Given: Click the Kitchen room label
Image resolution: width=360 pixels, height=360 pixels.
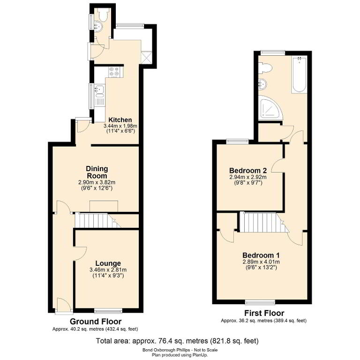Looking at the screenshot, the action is (120, 120).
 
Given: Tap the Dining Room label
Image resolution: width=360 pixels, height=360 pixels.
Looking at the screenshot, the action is (97, 172).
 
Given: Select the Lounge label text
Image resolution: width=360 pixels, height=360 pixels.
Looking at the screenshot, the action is (108, 263).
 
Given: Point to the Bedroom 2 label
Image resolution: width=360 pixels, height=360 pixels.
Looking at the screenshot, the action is (248, 171).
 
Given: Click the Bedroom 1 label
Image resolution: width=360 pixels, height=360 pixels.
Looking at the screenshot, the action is (261, 255).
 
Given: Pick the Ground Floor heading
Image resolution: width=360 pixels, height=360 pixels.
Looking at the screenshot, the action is (96, 321).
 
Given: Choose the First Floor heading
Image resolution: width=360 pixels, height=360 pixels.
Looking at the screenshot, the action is (264, 313).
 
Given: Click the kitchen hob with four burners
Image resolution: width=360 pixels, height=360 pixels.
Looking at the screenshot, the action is (114, 71).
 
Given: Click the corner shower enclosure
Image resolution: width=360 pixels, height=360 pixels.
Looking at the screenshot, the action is (270, 108).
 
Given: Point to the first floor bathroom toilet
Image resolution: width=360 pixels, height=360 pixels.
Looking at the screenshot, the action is (265, 68).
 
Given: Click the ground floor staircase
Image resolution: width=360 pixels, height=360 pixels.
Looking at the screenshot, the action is (98, 221).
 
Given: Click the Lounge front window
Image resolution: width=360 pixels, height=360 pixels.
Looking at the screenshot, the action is (108, 311).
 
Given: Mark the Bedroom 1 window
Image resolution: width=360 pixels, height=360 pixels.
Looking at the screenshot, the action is (260, 302).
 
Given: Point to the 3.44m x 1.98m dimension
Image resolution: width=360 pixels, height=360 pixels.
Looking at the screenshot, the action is (120, 126).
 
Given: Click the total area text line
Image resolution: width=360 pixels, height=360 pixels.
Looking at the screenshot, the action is (177, 341).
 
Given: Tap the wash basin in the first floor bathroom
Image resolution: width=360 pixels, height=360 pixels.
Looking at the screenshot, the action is (262, 84).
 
